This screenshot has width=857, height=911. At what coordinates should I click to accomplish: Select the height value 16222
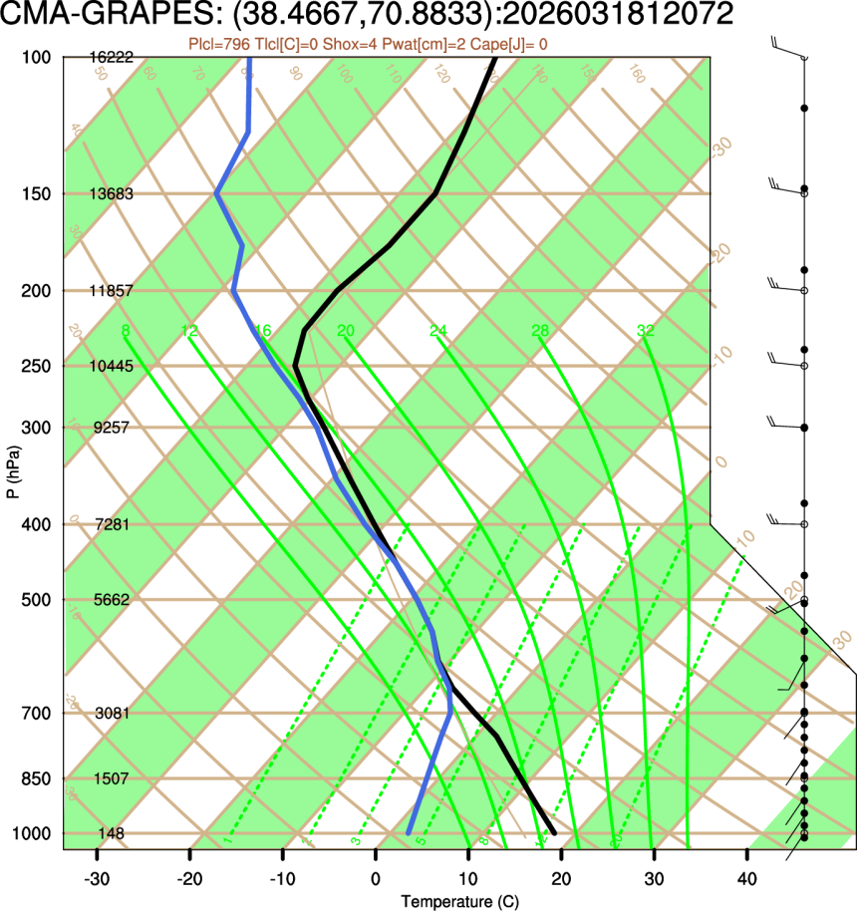[x=111, y=58]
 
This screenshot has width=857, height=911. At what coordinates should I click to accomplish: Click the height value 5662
[x=111, y=600]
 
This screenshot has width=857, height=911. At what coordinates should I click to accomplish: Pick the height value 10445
[x=111, y=366]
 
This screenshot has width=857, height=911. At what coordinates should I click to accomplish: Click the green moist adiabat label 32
[x=646, y=331]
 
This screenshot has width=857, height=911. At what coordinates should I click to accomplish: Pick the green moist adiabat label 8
[x=125, y=331]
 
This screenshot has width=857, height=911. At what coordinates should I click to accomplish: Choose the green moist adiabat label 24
[x=438, y=331]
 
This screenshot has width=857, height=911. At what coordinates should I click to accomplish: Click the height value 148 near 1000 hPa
[x=111, y=833]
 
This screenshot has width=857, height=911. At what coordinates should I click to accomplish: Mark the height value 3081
[x=111, y=714]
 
